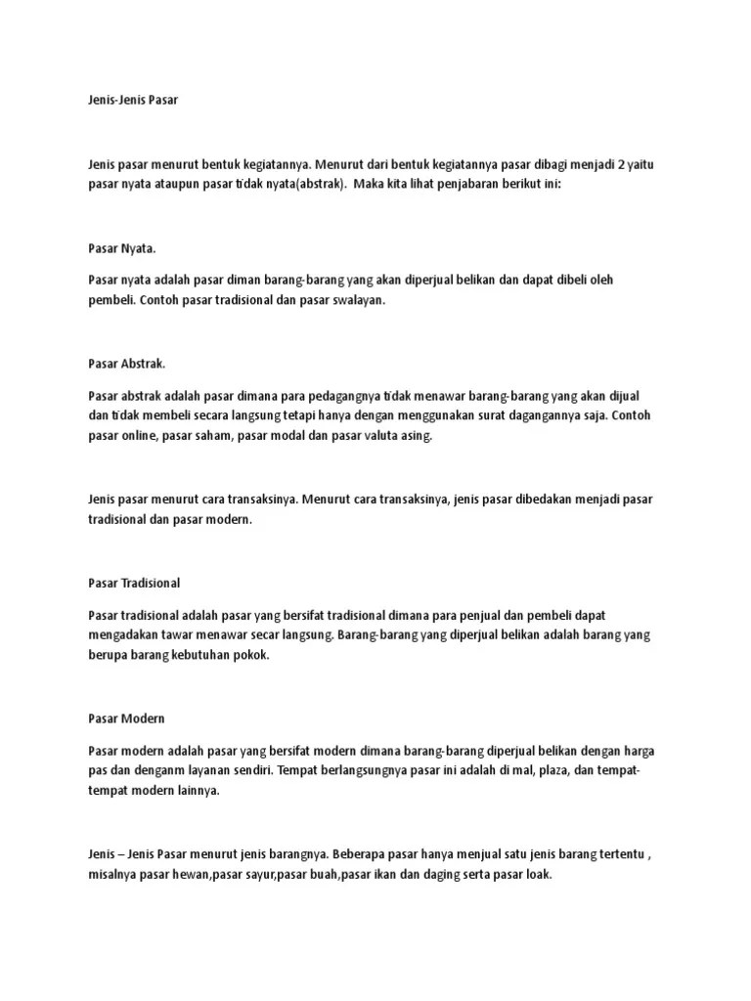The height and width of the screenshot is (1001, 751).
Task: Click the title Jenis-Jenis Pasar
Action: pos(133,100)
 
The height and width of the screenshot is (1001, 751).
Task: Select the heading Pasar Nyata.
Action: pos(122,248)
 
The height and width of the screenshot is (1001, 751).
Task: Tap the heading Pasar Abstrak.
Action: pos(127,365)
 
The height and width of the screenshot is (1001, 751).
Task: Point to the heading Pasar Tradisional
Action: pos(135,583)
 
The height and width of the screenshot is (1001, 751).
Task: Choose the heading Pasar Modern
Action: pos(126,718)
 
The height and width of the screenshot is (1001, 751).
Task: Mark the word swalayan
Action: pos(356,301)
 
